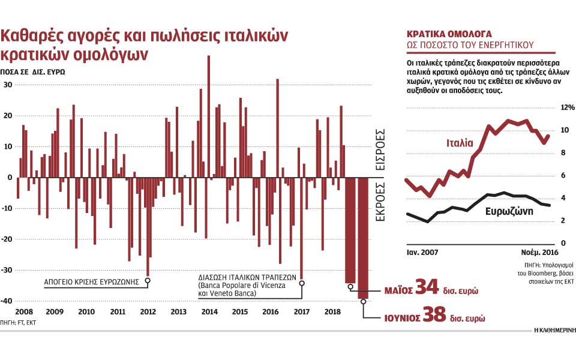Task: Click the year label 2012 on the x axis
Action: tap(148, 312)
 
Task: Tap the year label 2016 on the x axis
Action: tap(271, 312)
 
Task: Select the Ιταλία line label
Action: tap(460, 143)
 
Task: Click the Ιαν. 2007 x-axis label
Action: tap(424, 252)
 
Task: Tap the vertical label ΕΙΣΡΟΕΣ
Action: tap(380, 149)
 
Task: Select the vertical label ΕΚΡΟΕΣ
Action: tap(380, 201)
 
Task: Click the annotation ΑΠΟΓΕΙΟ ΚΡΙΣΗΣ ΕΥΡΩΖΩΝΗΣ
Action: tap(92, 281)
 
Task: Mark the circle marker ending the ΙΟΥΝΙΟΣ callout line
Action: tap(364, 301)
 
